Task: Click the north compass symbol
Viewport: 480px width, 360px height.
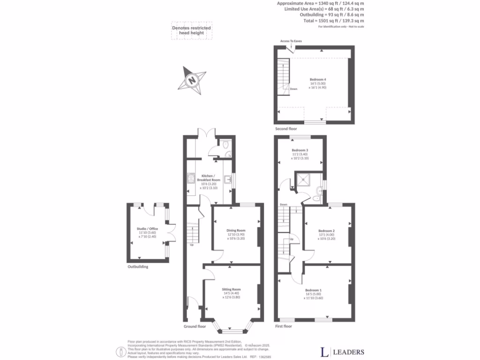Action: tap(192, 80)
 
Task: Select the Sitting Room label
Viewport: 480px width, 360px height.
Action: tap(231, 290)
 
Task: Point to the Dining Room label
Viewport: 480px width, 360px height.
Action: tap(236, 231)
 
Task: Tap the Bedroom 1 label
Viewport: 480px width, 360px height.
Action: tap(314, 290)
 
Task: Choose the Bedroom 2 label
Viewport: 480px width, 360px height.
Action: tap(326, 231)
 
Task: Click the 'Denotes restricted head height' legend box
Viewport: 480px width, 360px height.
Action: tap(191, 31)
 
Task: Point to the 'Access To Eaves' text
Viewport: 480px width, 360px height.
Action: tap(291, 41)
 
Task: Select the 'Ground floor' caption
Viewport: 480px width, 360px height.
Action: tap(195, 326)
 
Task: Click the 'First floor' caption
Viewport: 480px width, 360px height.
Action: tap(283, 326)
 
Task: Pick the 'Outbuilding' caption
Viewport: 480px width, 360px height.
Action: tap(138, 267)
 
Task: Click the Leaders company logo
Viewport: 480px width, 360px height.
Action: tap(342, 352)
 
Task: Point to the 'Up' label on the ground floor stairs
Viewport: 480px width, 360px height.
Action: tap(191, 245)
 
